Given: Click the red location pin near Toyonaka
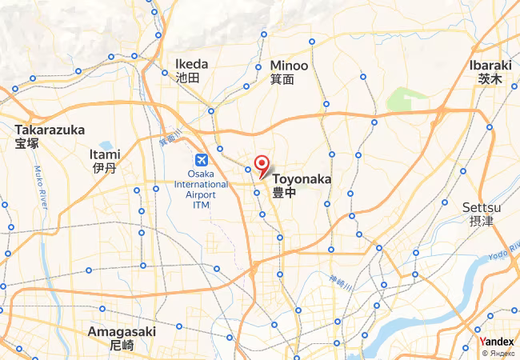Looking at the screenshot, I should coord(261,166).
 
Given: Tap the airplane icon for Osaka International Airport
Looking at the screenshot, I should coord(201,158).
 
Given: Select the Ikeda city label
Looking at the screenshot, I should coord(191,64).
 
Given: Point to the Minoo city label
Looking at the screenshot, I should coord(288,66).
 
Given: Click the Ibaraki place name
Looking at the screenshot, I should coord(490,64).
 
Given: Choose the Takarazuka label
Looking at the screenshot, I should coord(50,130).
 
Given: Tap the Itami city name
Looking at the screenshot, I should coord(106,154).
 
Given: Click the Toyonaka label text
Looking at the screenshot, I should coord(302,179).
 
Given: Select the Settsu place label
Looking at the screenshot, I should coord(482,207).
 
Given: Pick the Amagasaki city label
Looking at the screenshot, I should coord(122,331).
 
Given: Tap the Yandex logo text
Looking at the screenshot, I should coord(499,342).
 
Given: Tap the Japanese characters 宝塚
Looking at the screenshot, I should coord(26,144).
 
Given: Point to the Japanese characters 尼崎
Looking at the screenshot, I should coord(122,346).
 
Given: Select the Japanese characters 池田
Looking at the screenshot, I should coord(188,78).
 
